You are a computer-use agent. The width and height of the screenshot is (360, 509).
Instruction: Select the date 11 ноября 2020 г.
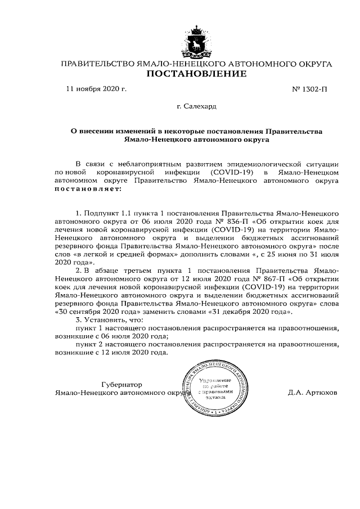97,89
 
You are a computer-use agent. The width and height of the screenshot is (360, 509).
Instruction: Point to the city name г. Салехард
196,105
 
